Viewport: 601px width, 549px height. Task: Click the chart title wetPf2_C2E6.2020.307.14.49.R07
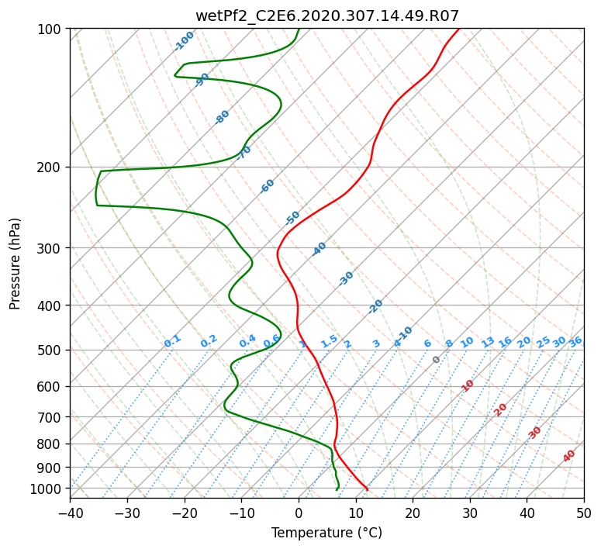326,16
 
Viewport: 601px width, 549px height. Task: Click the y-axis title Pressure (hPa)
16,264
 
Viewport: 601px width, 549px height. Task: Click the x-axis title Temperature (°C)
326,533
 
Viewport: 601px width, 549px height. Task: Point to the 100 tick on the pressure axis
51,29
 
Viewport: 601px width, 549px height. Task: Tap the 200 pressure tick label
51,167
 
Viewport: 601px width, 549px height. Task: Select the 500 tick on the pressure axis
51,350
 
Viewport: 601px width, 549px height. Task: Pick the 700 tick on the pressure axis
51,417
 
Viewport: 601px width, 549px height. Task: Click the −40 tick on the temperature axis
70,513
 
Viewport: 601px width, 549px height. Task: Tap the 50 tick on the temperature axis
584,513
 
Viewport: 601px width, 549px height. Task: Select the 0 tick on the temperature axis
299,513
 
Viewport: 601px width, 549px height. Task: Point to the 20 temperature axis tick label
413,513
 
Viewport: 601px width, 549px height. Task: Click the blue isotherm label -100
184,40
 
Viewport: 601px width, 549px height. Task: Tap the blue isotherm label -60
268,186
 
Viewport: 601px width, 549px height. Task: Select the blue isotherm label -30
346,278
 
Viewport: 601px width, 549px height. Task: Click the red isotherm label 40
569,456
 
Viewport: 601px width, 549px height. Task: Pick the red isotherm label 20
501,409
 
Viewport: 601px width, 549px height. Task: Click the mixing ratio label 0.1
172,340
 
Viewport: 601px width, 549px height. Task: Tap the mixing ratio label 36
575,341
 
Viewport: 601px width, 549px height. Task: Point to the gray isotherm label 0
437,360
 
